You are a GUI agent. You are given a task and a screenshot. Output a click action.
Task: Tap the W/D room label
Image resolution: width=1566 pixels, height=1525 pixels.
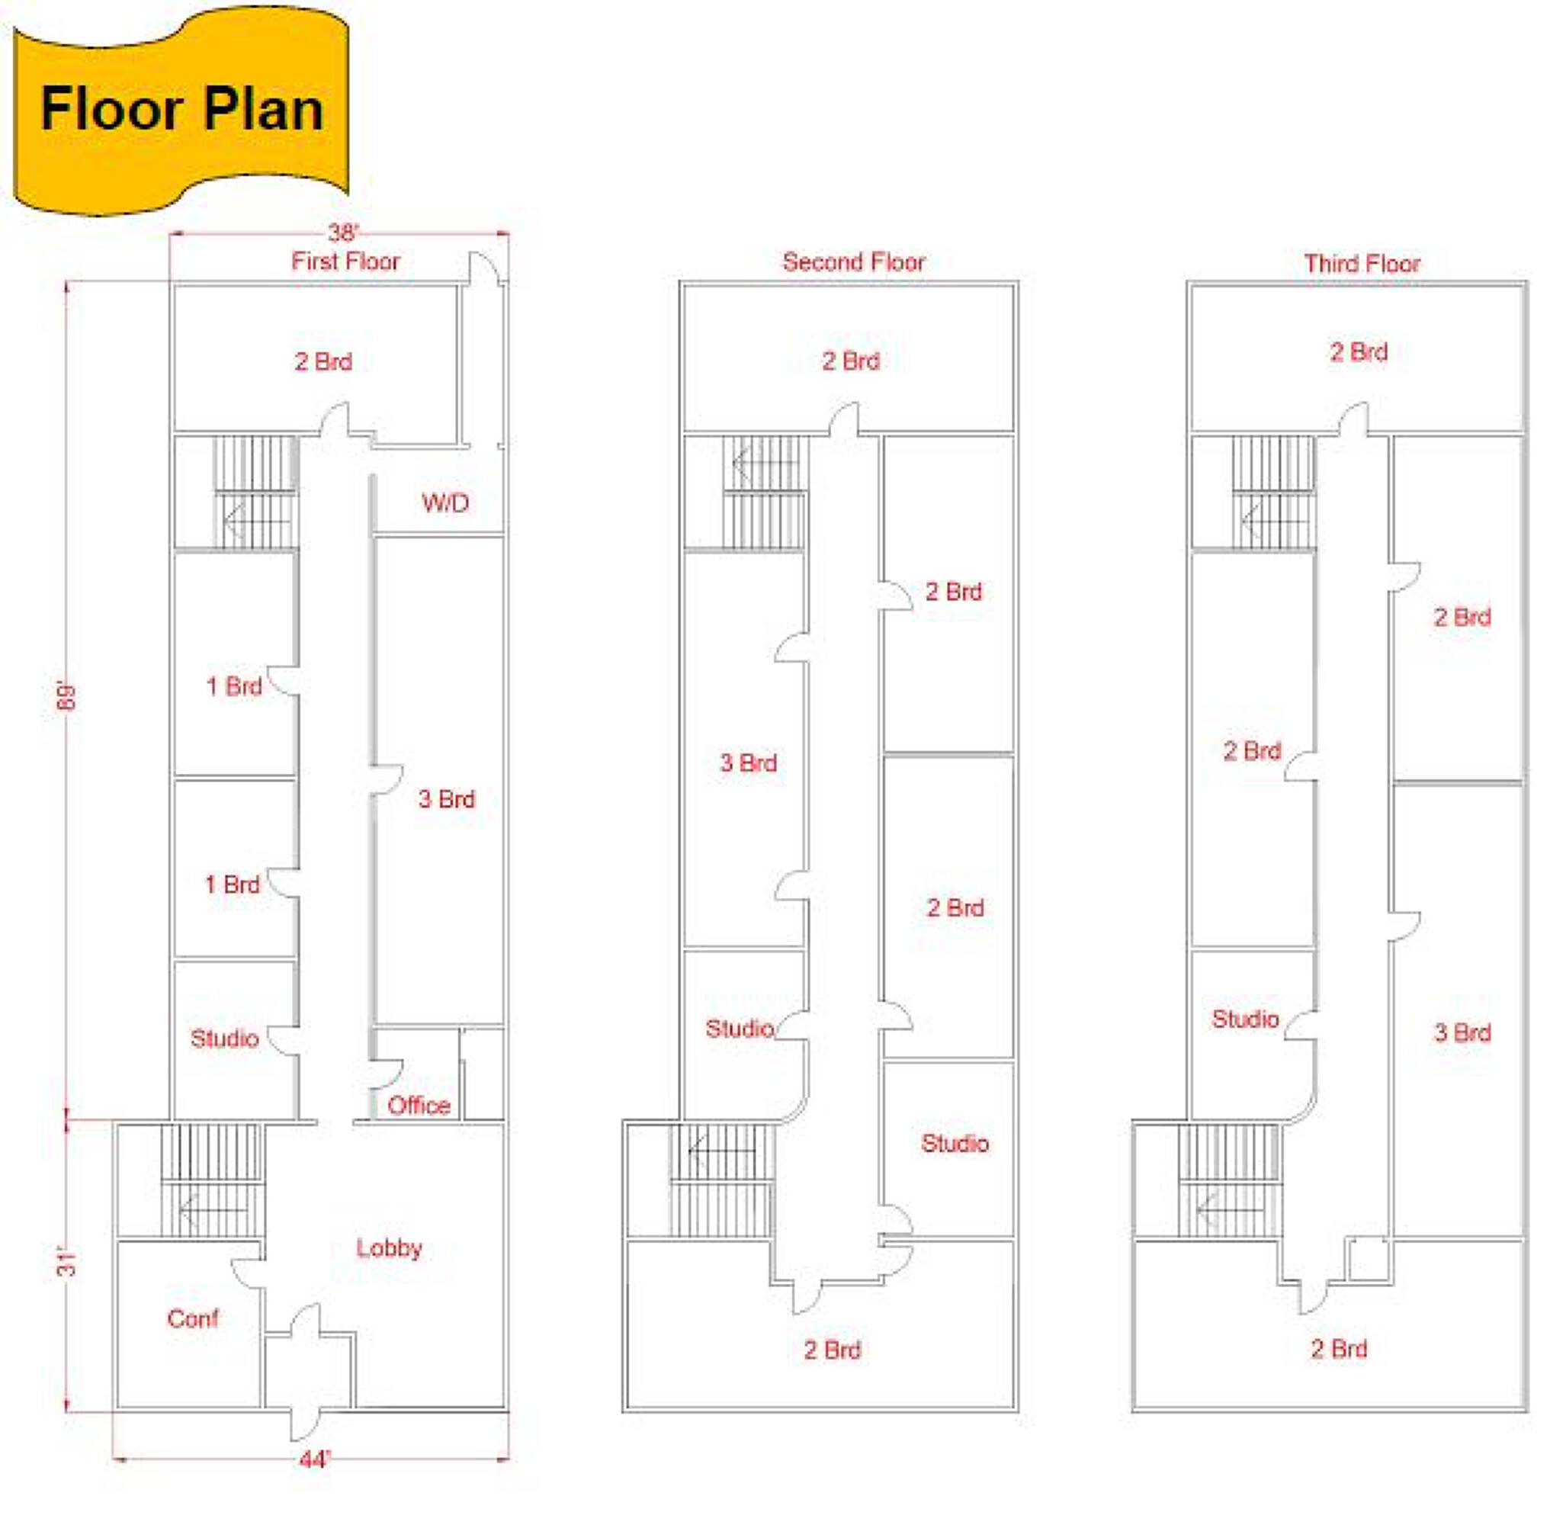pos(445,503)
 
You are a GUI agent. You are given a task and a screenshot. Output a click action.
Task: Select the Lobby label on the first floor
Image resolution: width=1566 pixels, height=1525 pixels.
pos(390,1248)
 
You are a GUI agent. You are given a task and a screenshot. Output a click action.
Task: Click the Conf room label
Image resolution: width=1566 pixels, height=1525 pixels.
pos(193,1318)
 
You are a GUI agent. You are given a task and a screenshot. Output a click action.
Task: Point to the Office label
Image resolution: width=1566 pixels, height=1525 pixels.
pos(419,1106)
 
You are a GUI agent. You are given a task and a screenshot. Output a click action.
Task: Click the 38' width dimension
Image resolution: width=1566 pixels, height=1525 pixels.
pos(343,233)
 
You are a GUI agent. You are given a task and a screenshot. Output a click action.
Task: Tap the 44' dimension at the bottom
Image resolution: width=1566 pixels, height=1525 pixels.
pos(315,1459)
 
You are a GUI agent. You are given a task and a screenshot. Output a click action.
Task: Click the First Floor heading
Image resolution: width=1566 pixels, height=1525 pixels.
pos(345,261)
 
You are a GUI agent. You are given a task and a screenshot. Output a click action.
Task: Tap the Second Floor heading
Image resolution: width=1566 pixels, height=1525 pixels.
pos(854,262)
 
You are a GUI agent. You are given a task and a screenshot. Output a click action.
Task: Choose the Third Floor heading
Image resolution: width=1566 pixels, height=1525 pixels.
pos(1362,264)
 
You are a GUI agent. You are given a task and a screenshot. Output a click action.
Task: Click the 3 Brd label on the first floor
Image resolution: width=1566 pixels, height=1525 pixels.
pos(447,798)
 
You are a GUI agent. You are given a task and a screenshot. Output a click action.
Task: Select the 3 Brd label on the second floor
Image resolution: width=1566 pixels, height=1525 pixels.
pos(748,762)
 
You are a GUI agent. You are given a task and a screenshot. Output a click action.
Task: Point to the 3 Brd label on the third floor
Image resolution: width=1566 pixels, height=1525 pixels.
pos(1462,1032)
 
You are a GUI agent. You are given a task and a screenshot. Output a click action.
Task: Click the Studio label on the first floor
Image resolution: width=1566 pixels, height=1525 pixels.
pos(224,1038)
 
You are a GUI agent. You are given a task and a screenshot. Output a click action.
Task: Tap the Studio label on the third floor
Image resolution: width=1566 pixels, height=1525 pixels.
pos(1246,1019)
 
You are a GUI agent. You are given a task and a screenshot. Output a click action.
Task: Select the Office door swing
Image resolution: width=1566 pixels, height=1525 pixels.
pos(386,1074)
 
